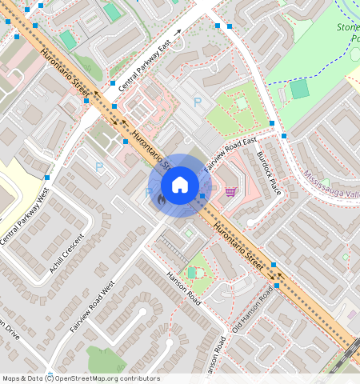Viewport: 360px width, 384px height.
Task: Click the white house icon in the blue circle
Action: click(x=180, y=185)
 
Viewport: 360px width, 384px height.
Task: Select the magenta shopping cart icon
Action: click(x=230, y=191)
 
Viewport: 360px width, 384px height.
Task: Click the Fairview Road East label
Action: click(x=230, y=154)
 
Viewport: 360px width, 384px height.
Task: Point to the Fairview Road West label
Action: click(x=92, y=306)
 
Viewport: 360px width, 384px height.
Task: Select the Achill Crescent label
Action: click(x=66, y=253)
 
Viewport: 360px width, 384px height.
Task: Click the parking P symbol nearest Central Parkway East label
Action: click(x=198, y=102)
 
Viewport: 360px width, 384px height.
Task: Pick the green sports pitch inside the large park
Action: click(x=299, y=89)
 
